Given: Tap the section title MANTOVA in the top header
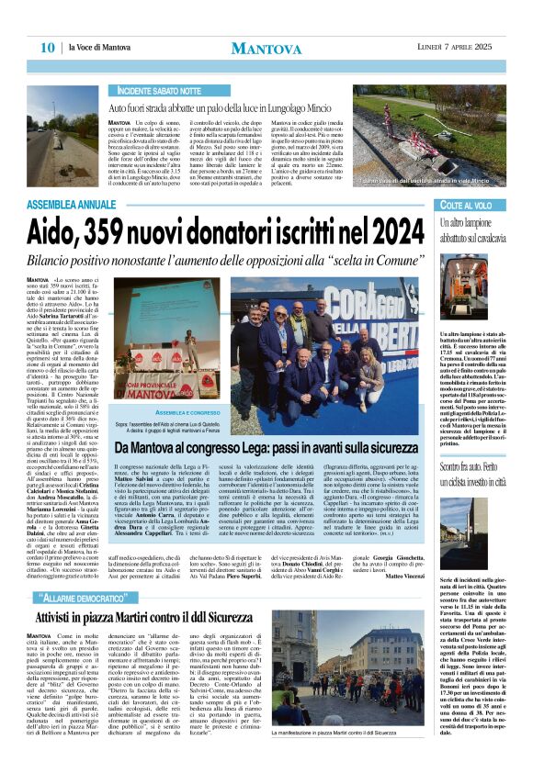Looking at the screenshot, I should (266, 48).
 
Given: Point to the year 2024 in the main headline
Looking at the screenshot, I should (392, 229).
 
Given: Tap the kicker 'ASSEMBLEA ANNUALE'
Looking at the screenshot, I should (74, 204).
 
